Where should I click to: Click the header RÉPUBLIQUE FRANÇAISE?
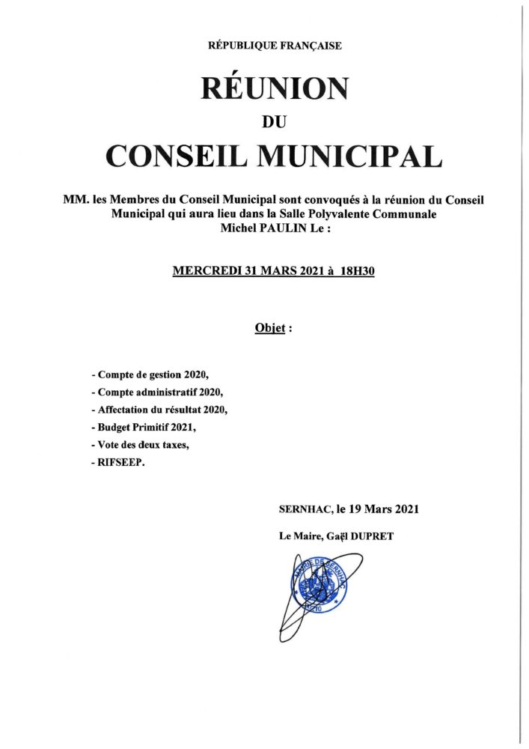(x=275, y=46)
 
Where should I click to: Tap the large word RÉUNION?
(x=275, y=89)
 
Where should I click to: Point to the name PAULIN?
(x=286, y=228)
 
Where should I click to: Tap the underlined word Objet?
(x=270, y=328)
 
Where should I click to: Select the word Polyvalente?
(x=372, y=214)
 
